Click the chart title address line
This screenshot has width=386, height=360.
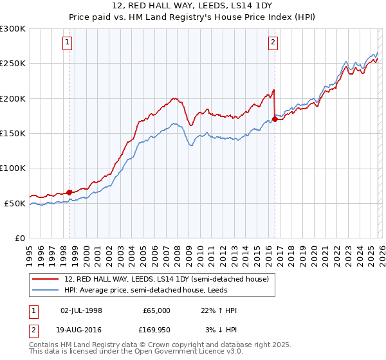193,7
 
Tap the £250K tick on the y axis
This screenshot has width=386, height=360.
13,64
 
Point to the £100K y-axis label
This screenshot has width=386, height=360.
13,168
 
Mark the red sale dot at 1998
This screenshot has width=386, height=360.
69,192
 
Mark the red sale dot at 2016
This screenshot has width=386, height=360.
275,119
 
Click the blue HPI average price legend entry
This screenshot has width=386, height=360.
145,290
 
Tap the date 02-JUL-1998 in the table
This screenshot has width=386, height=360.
81,310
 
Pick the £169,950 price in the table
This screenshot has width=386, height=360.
155,330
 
